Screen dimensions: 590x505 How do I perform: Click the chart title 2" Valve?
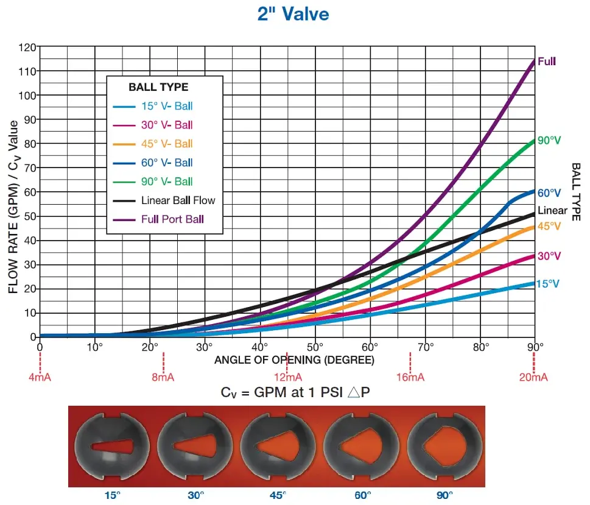293,14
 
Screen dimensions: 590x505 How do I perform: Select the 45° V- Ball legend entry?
153,144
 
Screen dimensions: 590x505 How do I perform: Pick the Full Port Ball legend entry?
158,219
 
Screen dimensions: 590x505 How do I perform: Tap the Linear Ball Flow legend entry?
164,200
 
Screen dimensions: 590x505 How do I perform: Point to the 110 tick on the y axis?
27,71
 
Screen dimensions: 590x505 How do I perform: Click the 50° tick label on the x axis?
315,347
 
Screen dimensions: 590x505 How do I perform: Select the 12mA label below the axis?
288,377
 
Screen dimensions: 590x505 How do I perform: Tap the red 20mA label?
533,377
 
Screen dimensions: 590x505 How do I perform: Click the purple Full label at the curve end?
547,62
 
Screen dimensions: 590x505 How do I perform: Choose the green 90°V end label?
549,141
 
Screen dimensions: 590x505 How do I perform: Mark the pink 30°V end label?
549,256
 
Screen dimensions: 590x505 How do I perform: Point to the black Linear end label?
552,210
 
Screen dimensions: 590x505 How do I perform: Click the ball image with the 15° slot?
112,447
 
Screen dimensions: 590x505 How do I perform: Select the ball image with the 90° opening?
444,447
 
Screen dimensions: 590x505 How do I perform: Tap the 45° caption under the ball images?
278,495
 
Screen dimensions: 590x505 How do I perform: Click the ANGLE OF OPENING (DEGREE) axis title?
294,360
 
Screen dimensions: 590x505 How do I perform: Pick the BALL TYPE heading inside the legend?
158,87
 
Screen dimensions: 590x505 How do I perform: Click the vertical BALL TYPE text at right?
576,192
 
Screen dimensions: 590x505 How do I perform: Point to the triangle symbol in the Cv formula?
353,392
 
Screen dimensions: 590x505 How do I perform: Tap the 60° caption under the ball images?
363,495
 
